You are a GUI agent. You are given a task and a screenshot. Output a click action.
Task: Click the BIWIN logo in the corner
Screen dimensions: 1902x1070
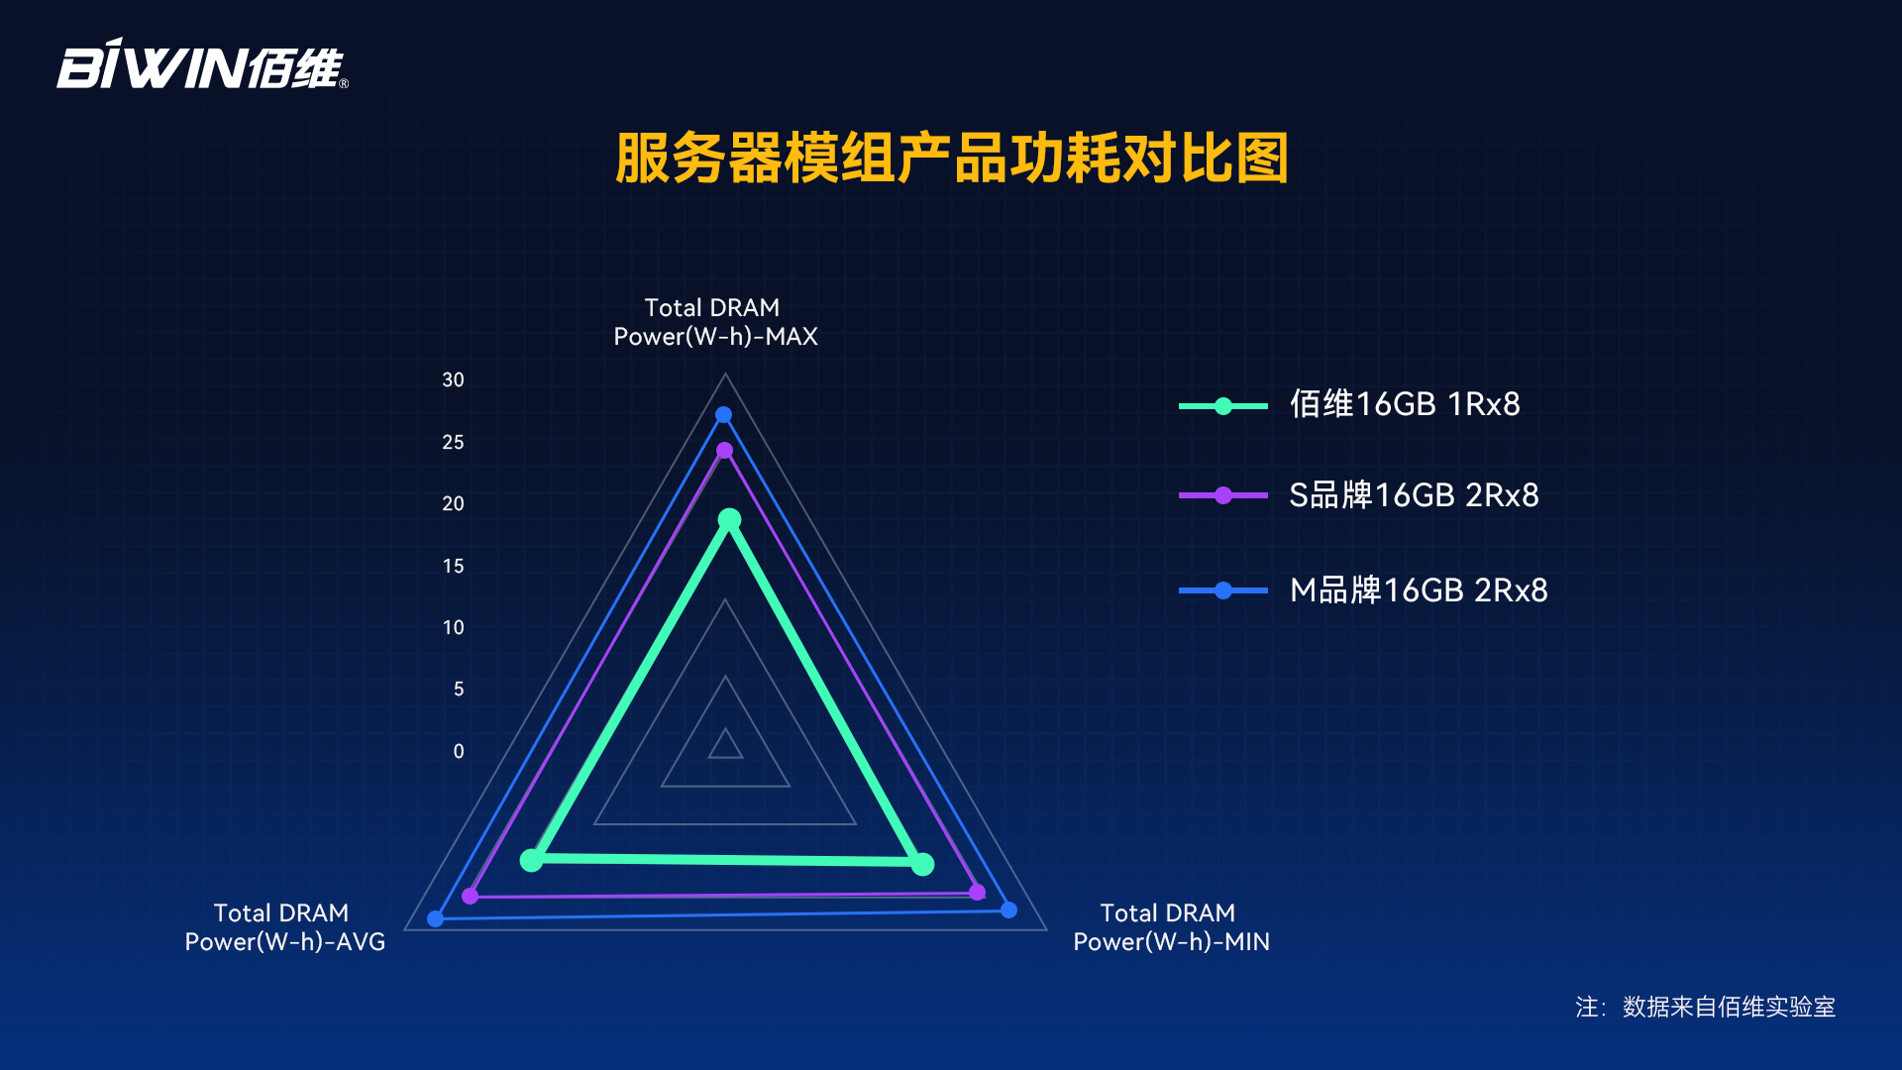(202, 64)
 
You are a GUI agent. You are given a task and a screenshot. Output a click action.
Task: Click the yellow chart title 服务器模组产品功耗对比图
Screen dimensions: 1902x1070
(951, 159)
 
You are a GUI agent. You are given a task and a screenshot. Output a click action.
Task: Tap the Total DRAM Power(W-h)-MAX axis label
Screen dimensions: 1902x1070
(715, 322)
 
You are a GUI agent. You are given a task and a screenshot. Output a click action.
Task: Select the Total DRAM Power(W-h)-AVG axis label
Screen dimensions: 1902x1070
(284, 927)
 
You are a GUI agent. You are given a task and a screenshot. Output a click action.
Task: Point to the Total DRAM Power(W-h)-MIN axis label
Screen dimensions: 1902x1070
(1171, 927)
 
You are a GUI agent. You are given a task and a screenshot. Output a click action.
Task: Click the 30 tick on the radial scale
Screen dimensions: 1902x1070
(453, 379)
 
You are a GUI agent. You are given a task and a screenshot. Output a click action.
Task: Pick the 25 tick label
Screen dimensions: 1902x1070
(453, 442)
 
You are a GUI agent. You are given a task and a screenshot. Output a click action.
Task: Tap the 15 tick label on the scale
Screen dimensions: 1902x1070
(453, 566)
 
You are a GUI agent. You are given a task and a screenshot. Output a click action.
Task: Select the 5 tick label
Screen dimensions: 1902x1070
(459, 689)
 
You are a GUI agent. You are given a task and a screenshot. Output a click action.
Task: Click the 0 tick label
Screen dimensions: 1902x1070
(459, 751)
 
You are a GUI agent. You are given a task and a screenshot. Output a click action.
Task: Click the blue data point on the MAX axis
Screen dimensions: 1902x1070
(723, 415)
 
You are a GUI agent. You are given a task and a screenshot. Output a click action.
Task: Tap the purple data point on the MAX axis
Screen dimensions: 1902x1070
(724, 451)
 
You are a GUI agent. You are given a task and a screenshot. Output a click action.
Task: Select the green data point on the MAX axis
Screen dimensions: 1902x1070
(729, 519)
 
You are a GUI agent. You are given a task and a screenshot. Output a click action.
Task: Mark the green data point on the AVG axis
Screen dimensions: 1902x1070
(532, 859)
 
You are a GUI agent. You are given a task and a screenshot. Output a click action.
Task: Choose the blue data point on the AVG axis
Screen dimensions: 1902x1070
(435, 918)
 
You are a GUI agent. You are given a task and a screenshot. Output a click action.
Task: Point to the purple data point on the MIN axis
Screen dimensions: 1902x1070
(977, 892)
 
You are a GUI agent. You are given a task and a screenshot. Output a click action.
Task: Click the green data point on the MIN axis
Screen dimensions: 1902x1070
(922, 864)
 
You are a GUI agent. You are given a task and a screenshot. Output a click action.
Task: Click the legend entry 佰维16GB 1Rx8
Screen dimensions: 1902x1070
(1349, 404)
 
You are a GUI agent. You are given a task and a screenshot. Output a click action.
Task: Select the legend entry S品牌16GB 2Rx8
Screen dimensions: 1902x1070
(1359, 494)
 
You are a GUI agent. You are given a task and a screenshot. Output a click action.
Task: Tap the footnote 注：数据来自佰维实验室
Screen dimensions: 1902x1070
(1705, 1007)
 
